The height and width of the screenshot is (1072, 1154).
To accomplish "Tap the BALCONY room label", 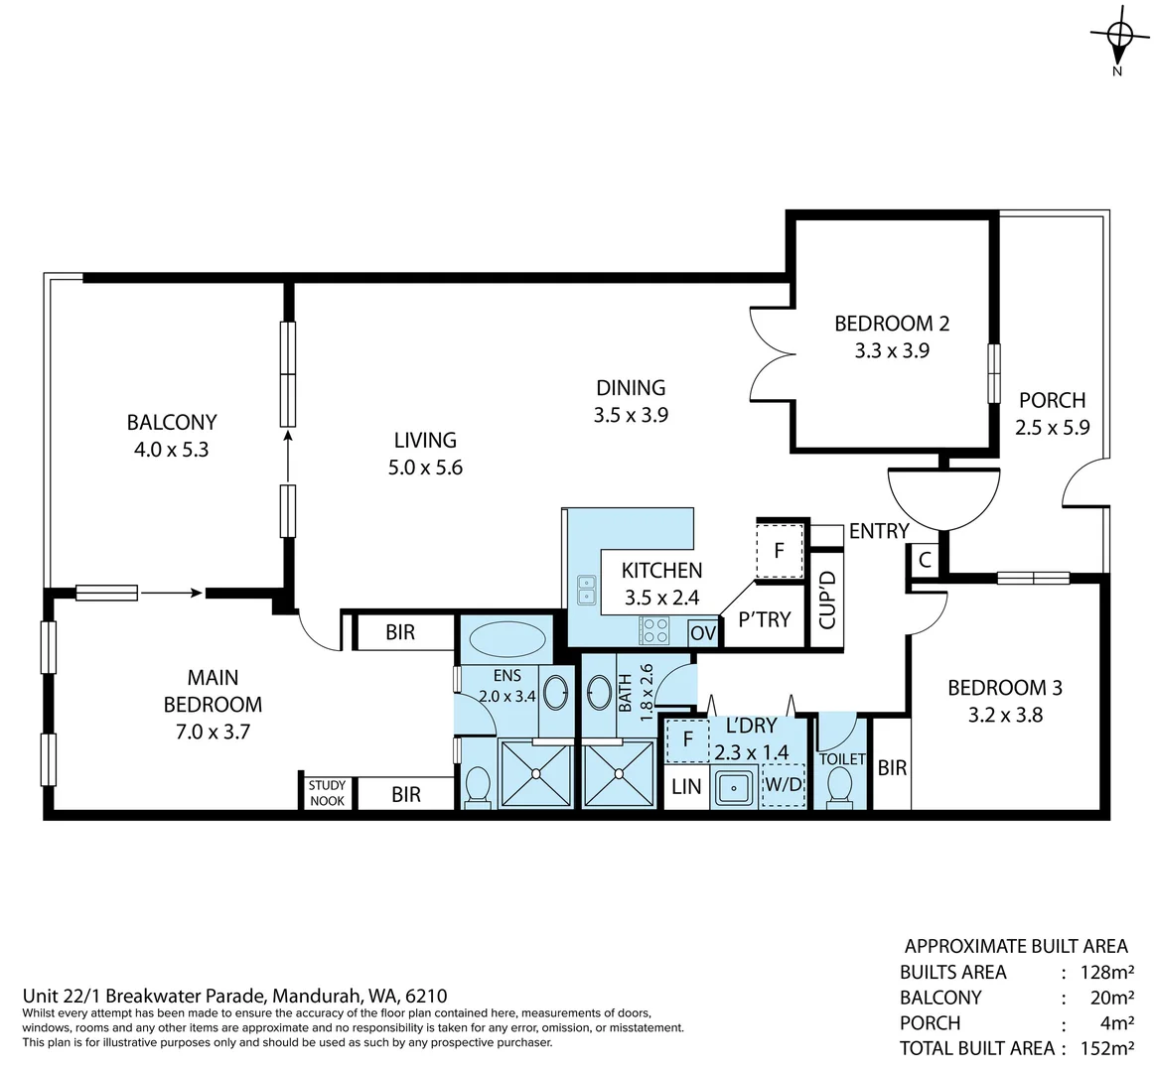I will click(x=172, y=422).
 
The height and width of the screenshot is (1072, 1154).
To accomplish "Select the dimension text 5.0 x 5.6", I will click(x=425, y=468).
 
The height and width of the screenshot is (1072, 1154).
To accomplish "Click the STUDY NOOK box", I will click(x=327, y=793).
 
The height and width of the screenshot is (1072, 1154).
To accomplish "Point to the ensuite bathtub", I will click(x=507, y=639).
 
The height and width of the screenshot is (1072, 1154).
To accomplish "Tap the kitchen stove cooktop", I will click(x=654, y=629).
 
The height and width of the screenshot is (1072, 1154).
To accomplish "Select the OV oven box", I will click(x=703, y=632).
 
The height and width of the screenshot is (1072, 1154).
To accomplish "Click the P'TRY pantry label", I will click(x=764, y=619).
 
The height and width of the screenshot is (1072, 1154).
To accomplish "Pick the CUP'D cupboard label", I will click(x=826, y=600).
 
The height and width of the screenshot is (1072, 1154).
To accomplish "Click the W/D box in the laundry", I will click(x=784, y=785).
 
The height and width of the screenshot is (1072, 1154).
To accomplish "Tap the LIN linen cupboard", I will click(x=686, y=787).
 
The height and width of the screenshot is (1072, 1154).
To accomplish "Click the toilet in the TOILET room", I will click(x=840, y=790).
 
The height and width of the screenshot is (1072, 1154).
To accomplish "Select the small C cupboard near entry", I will click(x=925, y=560).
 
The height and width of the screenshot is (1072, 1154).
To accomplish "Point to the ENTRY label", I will click(x=879, y=531).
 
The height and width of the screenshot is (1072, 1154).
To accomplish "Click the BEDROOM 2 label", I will click(x=892, y=323).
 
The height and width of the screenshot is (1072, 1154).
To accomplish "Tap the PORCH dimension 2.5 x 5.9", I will click(x=1053, y=428).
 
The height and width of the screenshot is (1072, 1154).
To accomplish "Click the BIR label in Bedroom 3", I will click(x=892, y=767).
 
